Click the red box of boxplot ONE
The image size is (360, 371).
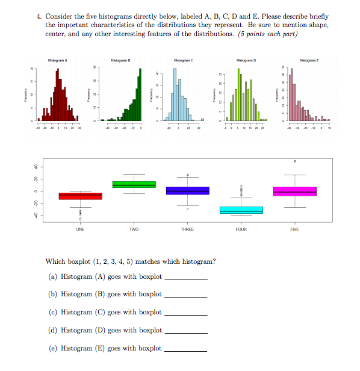point(80,196)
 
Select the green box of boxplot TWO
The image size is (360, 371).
point(134,184)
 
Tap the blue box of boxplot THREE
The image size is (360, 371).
point(187,190)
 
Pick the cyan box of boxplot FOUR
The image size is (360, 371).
point(241,210)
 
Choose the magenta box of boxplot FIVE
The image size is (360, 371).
point(294,191)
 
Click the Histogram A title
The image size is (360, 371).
point(57,61)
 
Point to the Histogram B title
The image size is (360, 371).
point(121,61)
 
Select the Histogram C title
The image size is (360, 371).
point(183,61)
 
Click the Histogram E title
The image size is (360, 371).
point(309,61)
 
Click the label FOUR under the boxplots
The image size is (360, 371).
point(241,229)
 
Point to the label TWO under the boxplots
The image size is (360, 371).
point(134,229)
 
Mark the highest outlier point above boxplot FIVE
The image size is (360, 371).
point(294,161)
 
